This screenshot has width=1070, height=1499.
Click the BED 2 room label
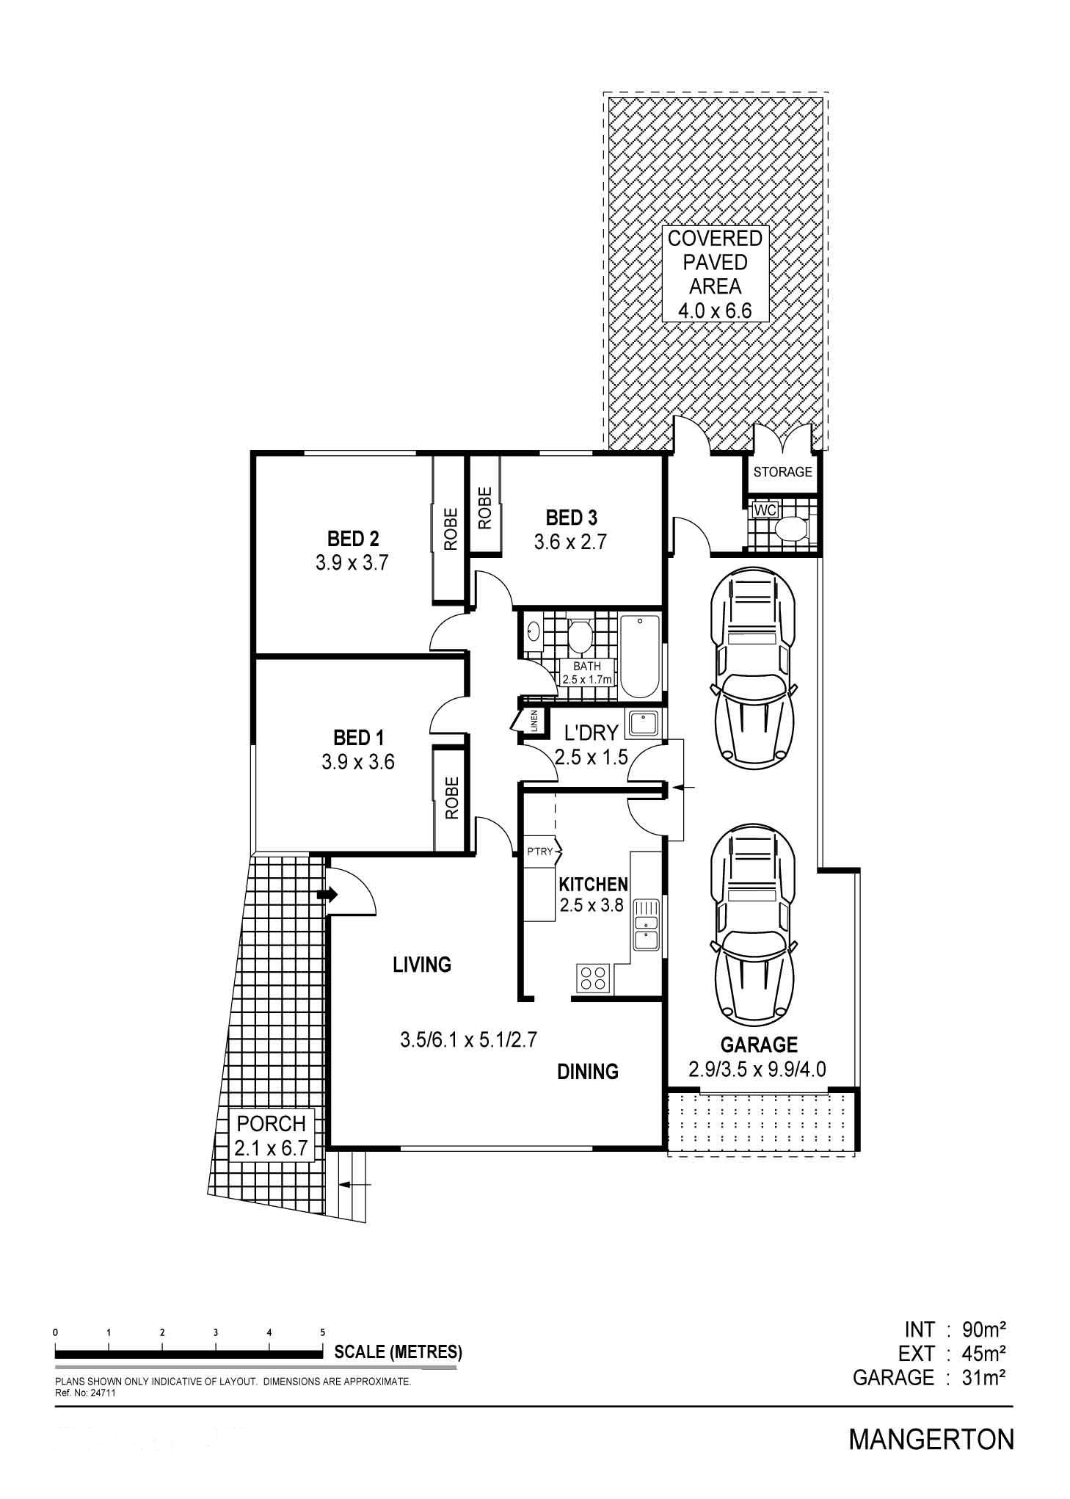pos(353,539)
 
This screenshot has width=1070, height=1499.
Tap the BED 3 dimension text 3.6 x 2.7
pos(571,542)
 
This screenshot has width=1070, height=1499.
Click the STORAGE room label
pos(782,471)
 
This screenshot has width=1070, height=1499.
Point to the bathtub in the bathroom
pos(640,657)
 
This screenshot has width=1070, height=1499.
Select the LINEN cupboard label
pos(534,722)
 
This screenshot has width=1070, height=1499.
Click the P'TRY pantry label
pos(539,852)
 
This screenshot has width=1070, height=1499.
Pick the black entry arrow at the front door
pos(327,895)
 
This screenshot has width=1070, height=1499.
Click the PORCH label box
pos(272,1135)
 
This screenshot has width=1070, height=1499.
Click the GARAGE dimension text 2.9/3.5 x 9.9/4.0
pos(757,1069)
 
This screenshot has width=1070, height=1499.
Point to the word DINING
pos(588,1072)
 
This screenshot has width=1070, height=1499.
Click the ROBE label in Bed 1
pos(451,798)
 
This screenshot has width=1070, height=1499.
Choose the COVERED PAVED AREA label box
pos(715,274)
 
